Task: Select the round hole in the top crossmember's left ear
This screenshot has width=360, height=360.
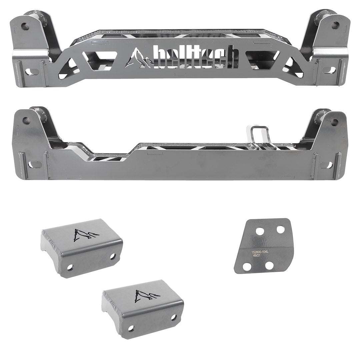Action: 24,25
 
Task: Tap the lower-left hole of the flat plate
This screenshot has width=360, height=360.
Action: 247,267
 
